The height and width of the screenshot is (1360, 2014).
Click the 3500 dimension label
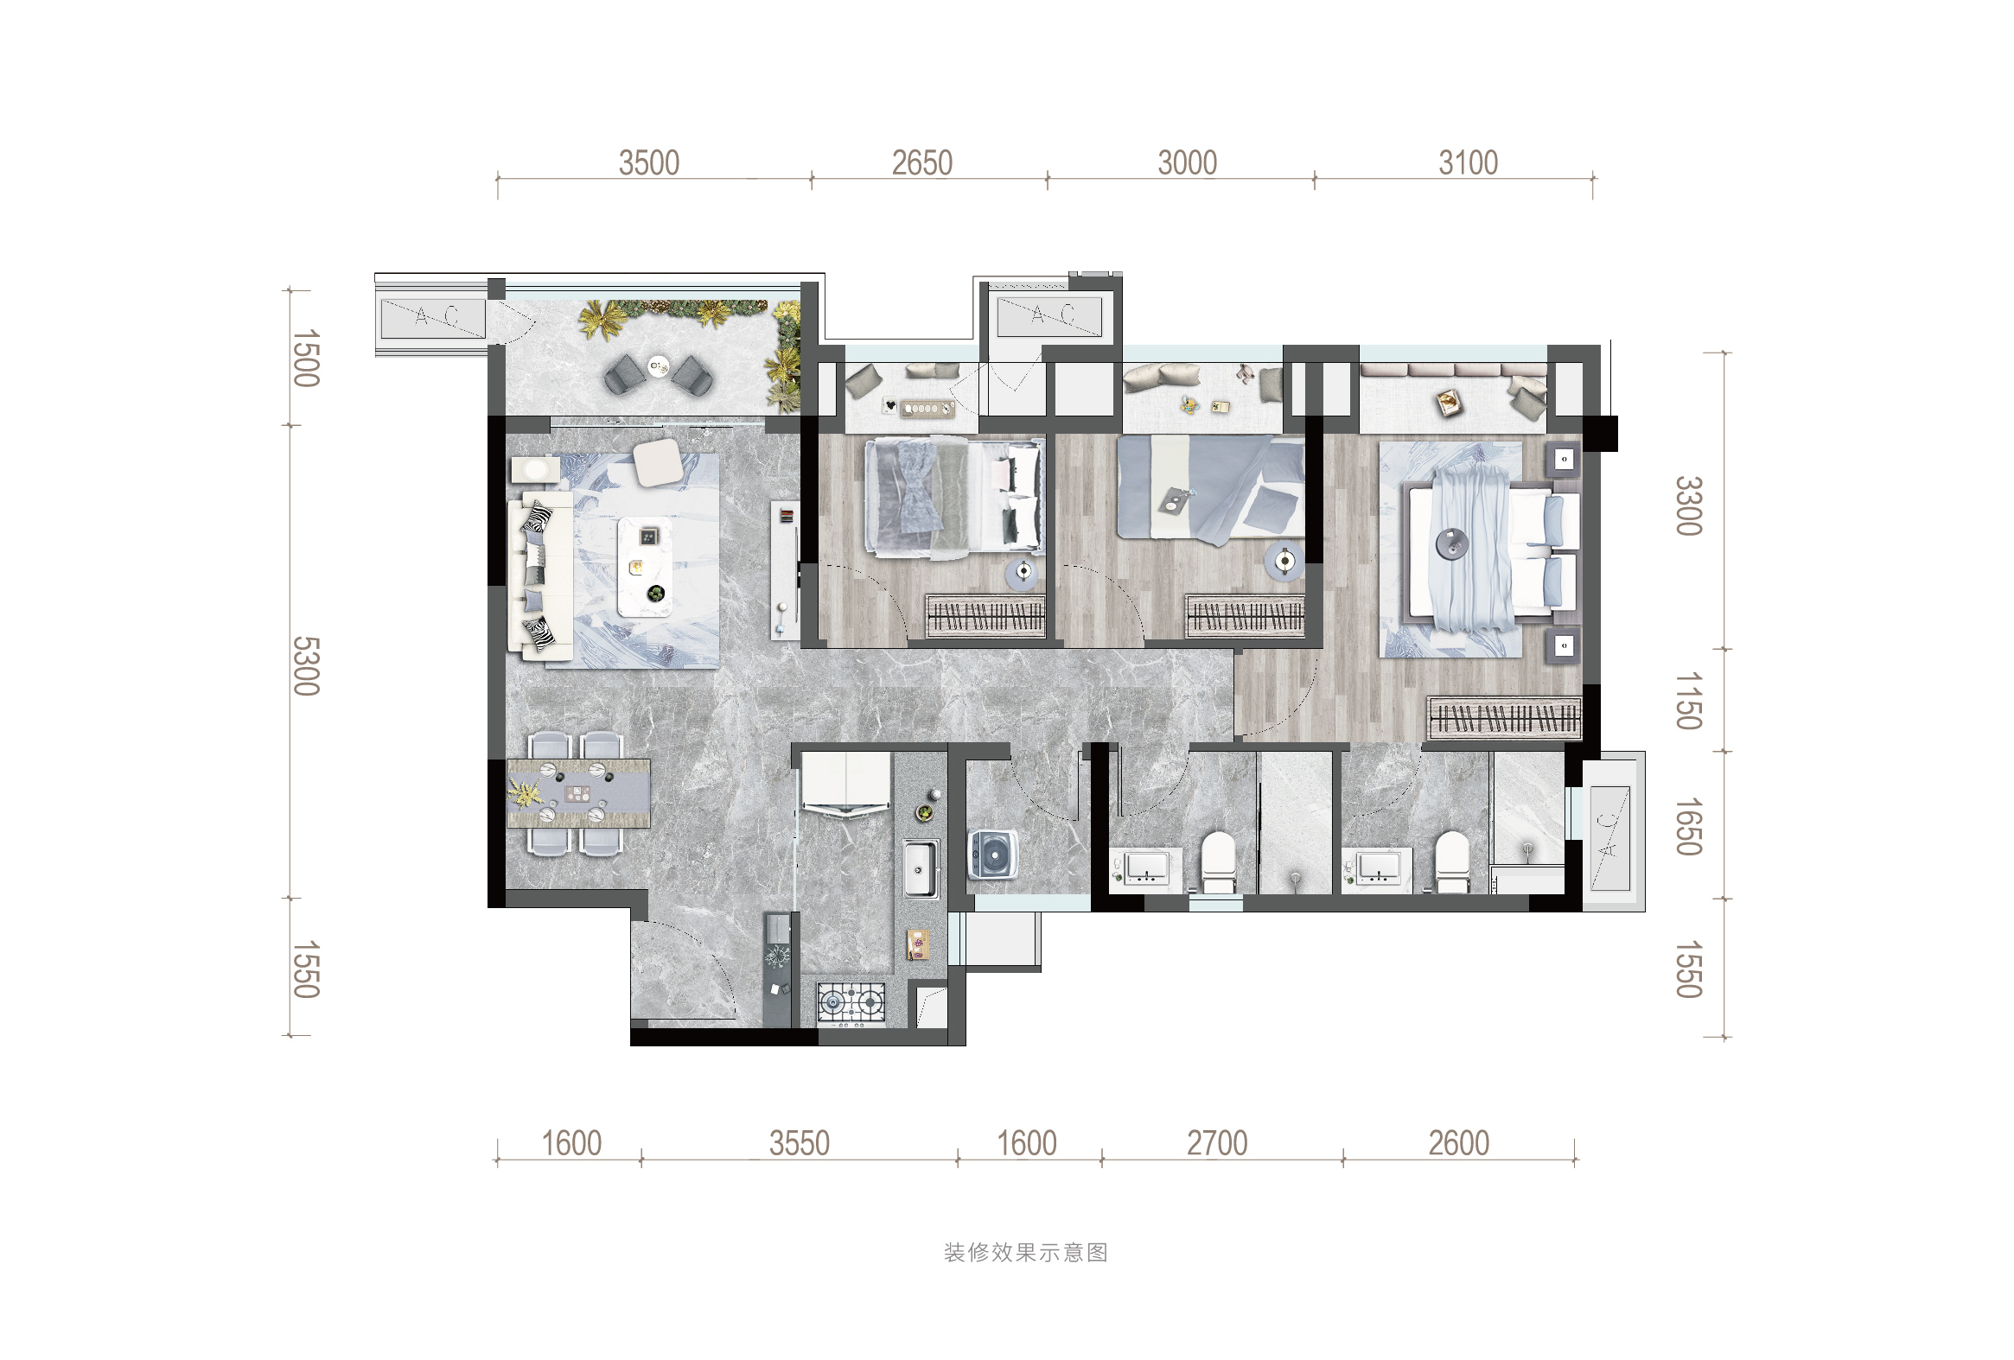[x=648, y=162]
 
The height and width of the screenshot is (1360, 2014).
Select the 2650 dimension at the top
[x=922, y=162]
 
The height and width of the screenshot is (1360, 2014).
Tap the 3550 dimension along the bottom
[x=799, y=1143]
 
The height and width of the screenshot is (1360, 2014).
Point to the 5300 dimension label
[x=306, y=665]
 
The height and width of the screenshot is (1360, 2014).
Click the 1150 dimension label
[x=1688, y=700]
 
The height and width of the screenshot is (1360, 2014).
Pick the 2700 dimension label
[x=1217, y=1143]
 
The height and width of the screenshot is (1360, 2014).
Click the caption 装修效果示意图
[x=1026, y=1253]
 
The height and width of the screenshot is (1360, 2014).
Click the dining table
[x=579, y=793]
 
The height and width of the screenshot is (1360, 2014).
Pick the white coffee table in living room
[x=645, y=567]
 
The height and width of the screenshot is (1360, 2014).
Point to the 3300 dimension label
[x=1688, y=505]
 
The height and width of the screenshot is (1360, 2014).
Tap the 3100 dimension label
[x=1468, y=162]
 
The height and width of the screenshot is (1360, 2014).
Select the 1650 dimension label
[x=1688, y=826]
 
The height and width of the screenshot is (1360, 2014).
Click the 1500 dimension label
[x=306, y=358]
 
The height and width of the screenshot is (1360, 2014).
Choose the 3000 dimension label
[x=1188, y=162]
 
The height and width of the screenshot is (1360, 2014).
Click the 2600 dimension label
[x=1458, y=1143]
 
